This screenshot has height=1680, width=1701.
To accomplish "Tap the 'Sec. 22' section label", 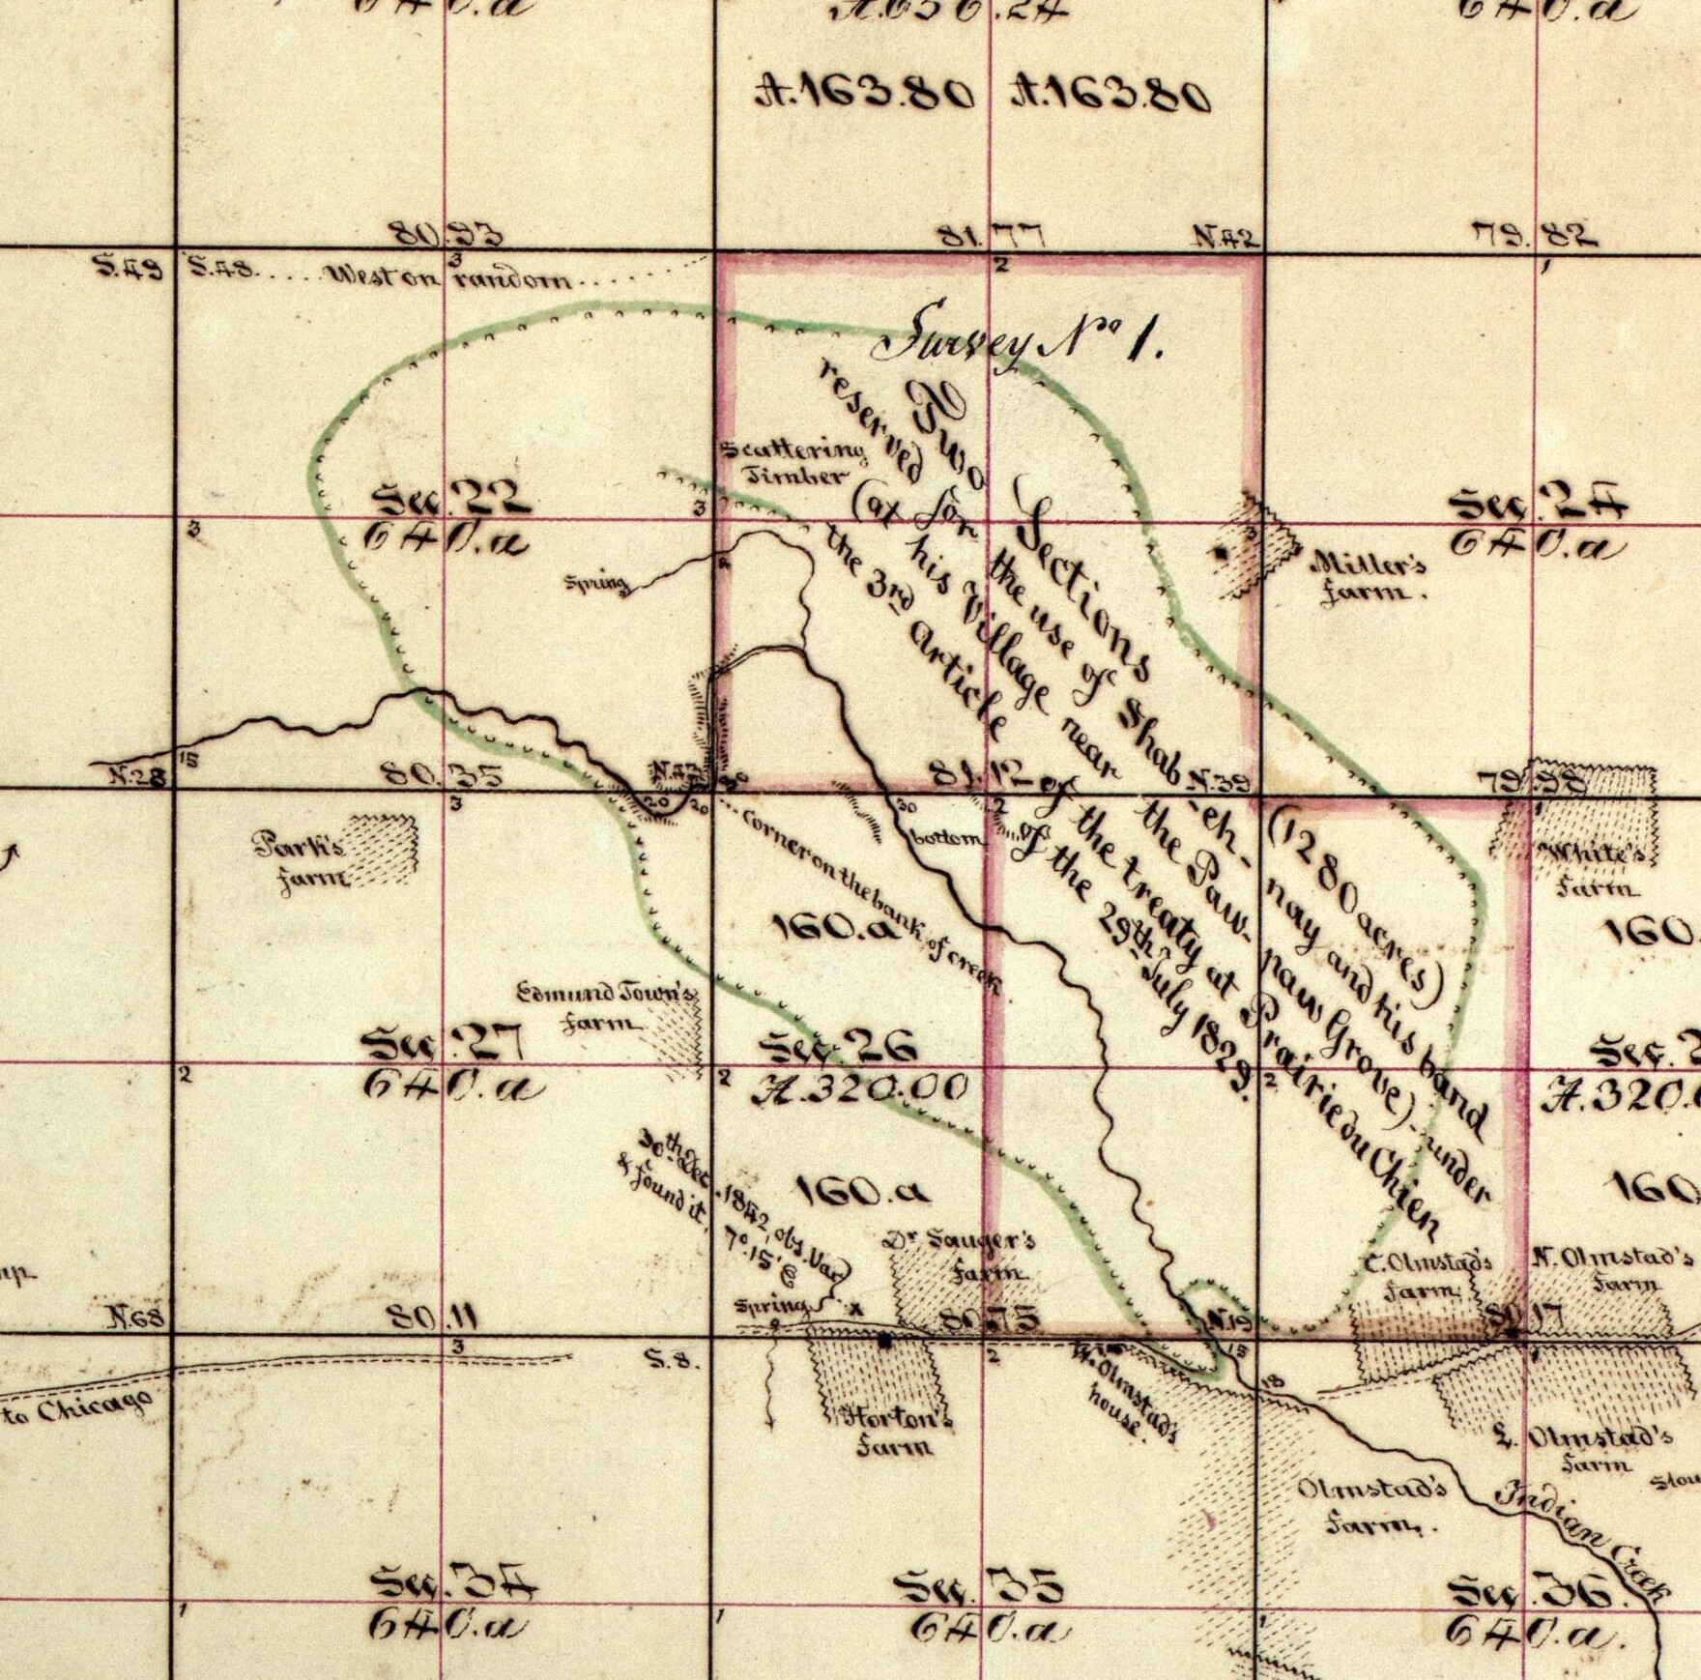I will (452, 500).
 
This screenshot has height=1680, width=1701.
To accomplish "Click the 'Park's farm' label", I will (300, 860).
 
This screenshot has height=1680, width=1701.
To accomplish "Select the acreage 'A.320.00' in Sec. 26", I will (860, 1088).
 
